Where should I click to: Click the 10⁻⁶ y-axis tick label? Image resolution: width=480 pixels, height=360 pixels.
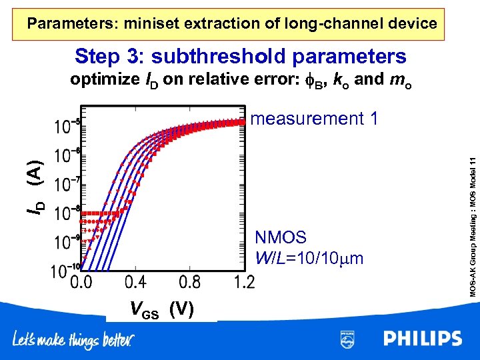click(x=65, y=155)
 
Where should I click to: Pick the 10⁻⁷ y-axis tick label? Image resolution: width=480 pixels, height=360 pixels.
click(x=65, y=184)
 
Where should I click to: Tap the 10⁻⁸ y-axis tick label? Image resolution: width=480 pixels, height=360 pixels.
click(x=65, y=213)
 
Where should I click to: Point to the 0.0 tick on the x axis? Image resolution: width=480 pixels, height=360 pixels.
click(x=81, y=283)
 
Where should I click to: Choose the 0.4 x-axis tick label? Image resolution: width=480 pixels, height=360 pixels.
click(x=136, y=283)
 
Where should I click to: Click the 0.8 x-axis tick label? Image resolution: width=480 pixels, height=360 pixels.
click(x=190, y=283)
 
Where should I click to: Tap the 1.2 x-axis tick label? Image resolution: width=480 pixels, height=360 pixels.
click(x=243, y=283)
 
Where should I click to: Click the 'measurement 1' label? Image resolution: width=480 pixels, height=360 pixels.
click(x=315, y=119)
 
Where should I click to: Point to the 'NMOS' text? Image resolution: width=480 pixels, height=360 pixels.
click(x=281, y=237)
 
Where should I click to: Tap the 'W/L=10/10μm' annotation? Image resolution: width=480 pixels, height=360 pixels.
click(x=309, y=257)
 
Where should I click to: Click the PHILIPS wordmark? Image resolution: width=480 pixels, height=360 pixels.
click(x=422, y=339)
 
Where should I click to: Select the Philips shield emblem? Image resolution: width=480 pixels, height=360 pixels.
click(x=347, y=339)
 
